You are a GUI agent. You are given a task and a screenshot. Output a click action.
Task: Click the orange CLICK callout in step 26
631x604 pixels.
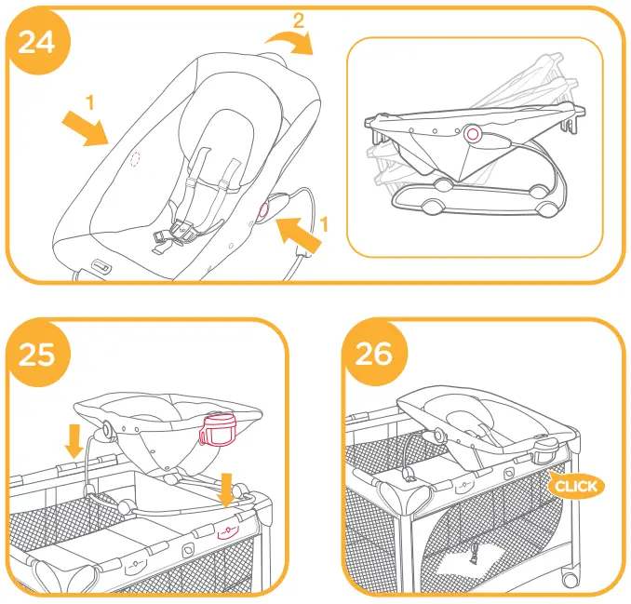[x=575, y=486]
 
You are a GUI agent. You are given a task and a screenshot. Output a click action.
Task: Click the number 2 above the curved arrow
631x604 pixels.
[x=298, y=18]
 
